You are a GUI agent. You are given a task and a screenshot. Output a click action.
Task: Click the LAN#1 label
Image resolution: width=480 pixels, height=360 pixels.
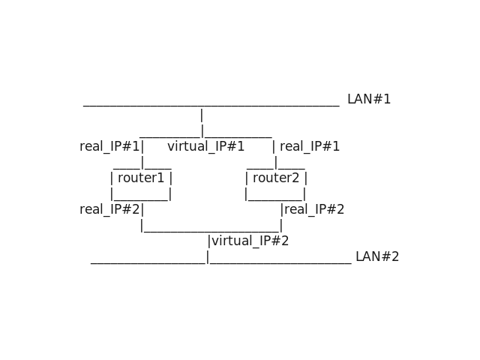point(368,99)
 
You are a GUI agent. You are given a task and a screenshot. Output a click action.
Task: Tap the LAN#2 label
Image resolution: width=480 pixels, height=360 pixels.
point(376,256)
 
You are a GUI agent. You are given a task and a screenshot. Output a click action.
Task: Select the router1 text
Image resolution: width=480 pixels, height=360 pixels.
point(141,178)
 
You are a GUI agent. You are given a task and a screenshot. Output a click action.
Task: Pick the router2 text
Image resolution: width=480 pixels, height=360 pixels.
point(276,178)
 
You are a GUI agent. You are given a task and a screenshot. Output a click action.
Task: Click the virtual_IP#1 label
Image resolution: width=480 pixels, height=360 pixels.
point(205,146)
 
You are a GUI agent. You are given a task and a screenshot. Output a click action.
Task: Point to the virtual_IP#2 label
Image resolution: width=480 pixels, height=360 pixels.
point(250,241)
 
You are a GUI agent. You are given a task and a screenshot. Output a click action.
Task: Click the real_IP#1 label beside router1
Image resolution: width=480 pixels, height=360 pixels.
point(109,146)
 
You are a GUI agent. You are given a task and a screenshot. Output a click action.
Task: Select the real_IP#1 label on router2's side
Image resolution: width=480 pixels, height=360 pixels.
point(310,146)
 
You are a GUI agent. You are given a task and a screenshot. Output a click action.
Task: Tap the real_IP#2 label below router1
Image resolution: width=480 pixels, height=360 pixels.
point(109,209)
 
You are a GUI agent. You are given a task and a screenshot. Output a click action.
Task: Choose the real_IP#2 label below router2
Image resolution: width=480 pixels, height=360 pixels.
point(314,209)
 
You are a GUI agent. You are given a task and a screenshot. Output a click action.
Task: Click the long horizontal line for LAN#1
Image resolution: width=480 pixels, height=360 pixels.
point(211,106)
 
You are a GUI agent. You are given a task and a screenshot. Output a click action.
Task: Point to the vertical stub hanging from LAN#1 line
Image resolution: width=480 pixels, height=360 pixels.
point(202,115)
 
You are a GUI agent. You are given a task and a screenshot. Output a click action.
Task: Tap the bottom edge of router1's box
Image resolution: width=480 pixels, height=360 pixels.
point(141,200)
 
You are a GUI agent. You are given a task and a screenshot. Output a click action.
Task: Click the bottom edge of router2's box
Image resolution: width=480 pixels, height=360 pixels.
point(276,200)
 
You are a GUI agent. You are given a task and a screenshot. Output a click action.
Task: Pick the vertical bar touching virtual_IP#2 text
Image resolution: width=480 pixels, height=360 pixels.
point(209,241)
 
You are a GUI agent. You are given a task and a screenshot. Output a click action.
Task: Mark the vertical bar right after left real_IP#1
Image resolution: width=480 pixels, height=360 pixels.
point(142,146)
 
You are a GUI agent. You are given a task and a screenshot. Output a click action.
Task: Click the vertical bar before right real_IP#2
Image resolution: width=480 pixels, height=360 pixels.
point(281,209)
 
